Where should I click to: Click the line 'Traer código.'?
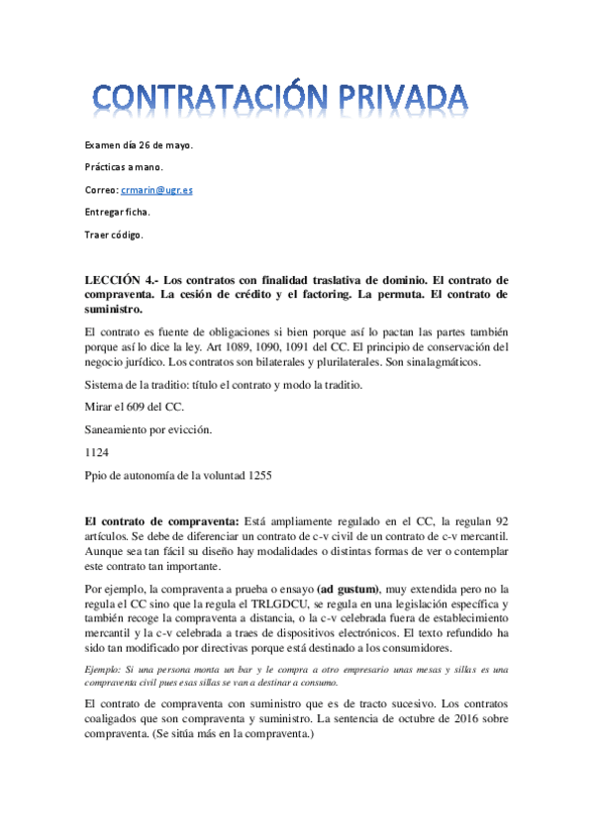pyautogui.click(x=114, y=234)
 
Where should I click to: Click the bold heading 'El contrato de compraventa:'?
pyautogui.click(x=160, y=520)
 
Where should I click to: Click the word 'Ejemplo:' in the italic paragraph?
pyautogui.click(x=107, y=670)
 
